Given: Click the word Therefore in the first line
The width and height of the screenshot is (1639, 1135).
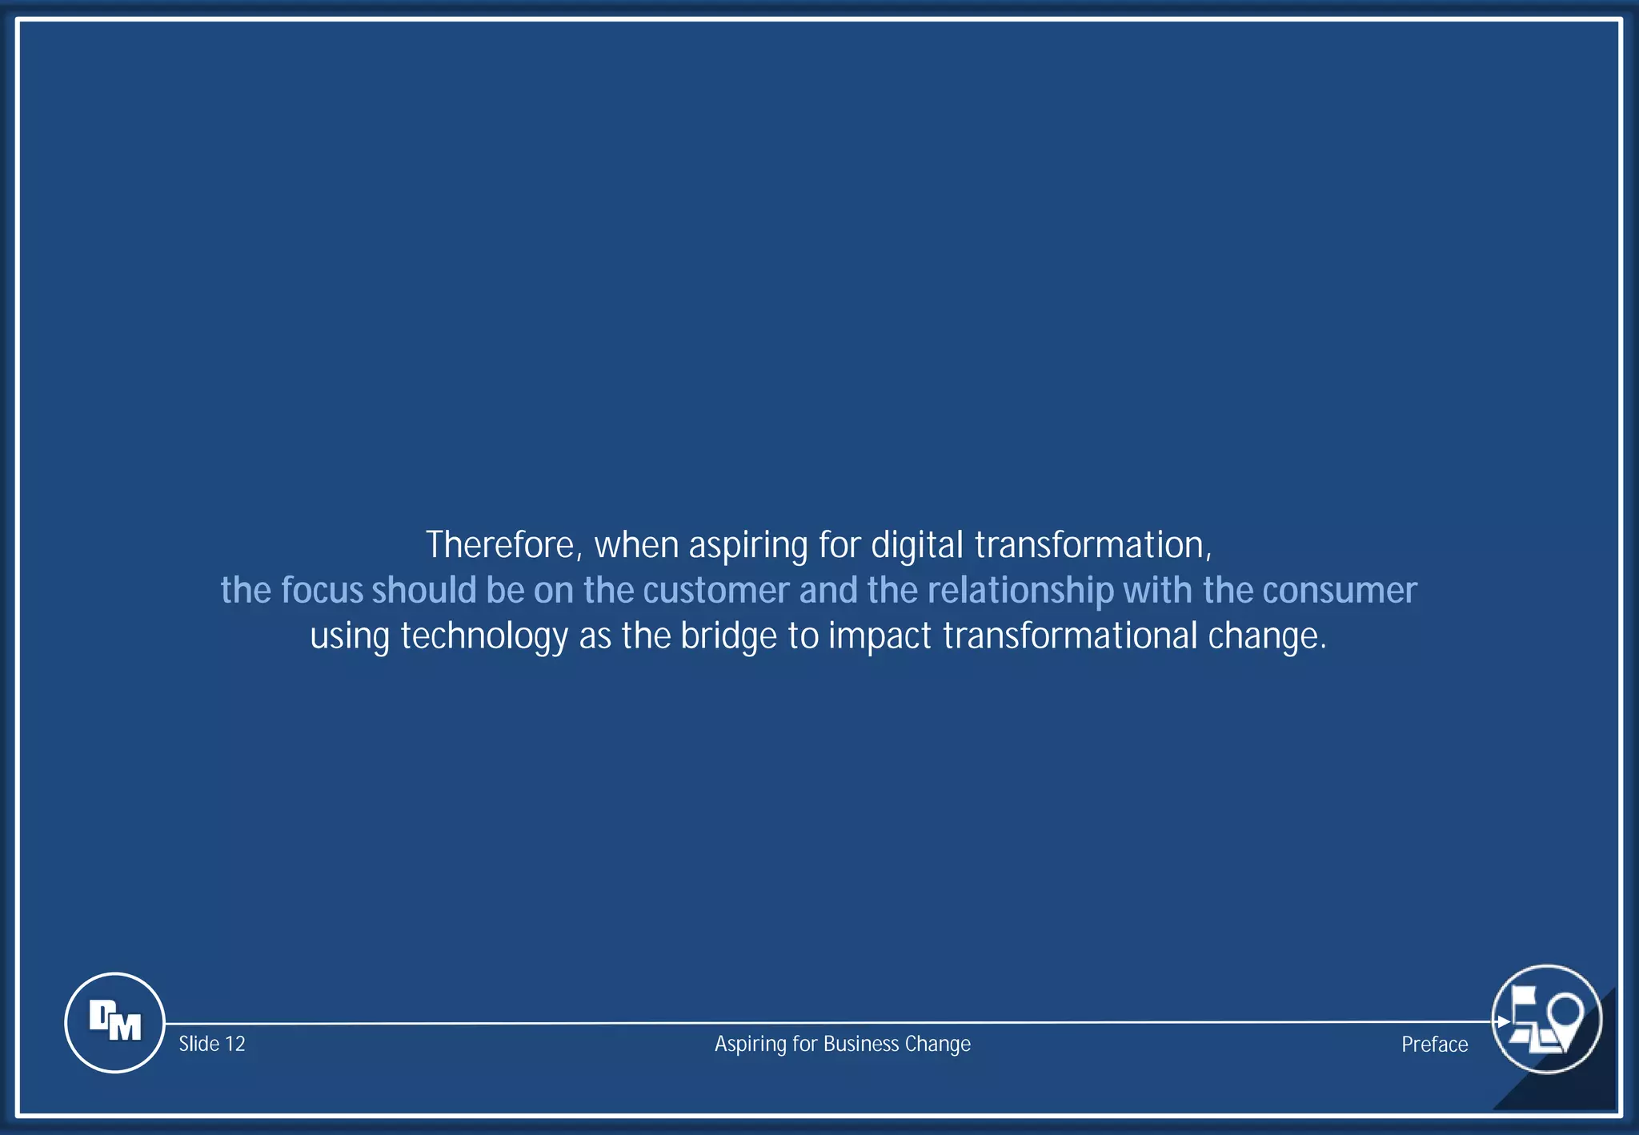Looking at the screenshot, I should click(x=499, y=545).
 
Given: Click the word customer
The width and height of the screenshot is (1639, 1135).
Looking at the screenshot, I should click(x=716, y=591).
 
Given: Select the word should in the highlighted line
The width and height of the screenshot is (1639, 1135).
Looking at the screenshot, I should click(x=424, y=591).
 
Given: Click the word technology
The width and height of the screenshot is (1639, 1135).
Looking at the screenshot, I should click(x=484, y=637).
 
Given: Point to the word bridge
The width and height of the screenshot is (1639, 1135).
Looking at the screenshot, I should click(x=728, y=637).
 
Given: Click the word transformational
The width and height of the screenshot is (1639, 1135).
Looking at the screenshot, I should click(x=1070, y=636).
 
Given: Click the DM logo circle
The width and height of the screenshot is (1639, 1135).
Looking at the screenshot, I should click(x=114, y=1022).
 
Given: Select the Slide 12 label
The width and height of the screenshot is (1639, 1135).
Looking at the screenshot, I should click(x=212, y=1044).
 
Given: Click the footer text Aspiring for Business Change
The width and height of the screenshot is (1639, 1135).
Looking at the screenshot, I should click(x=842, y=1044).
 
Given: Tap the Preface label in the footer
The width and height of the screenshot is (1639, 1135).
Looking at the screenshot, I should click(x=1434, y=1045).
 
